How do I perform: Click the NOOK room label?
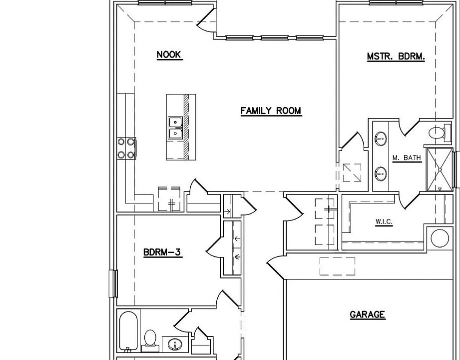(x=169, y=55)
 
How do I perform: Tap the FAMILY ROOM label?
(x=271, y=111)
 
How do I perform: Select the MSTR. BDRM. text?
(x=396, y=57)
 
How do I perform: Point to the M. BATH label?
(x=407, y=158)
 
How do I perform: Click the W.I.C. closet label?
(x=384, y=221)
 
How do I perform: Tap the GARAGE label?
(x=367, y=314)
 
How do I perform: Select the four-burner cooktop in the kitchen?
(x=126, y=148)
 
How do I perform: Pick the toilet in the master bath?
(x=438, y=133)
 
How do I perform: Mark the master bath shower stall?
(x=440, y=170)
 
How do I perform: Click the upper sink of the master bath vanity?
(x=382, y=137)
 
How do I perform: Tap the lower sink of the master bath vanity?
(x=382, y=174)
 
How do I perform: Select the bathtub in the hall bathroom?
(x=128, y=330)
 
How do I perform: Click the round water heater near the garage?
(x=440, y=238)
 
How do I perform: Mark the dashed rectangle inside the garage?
(x=337, y=266)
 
